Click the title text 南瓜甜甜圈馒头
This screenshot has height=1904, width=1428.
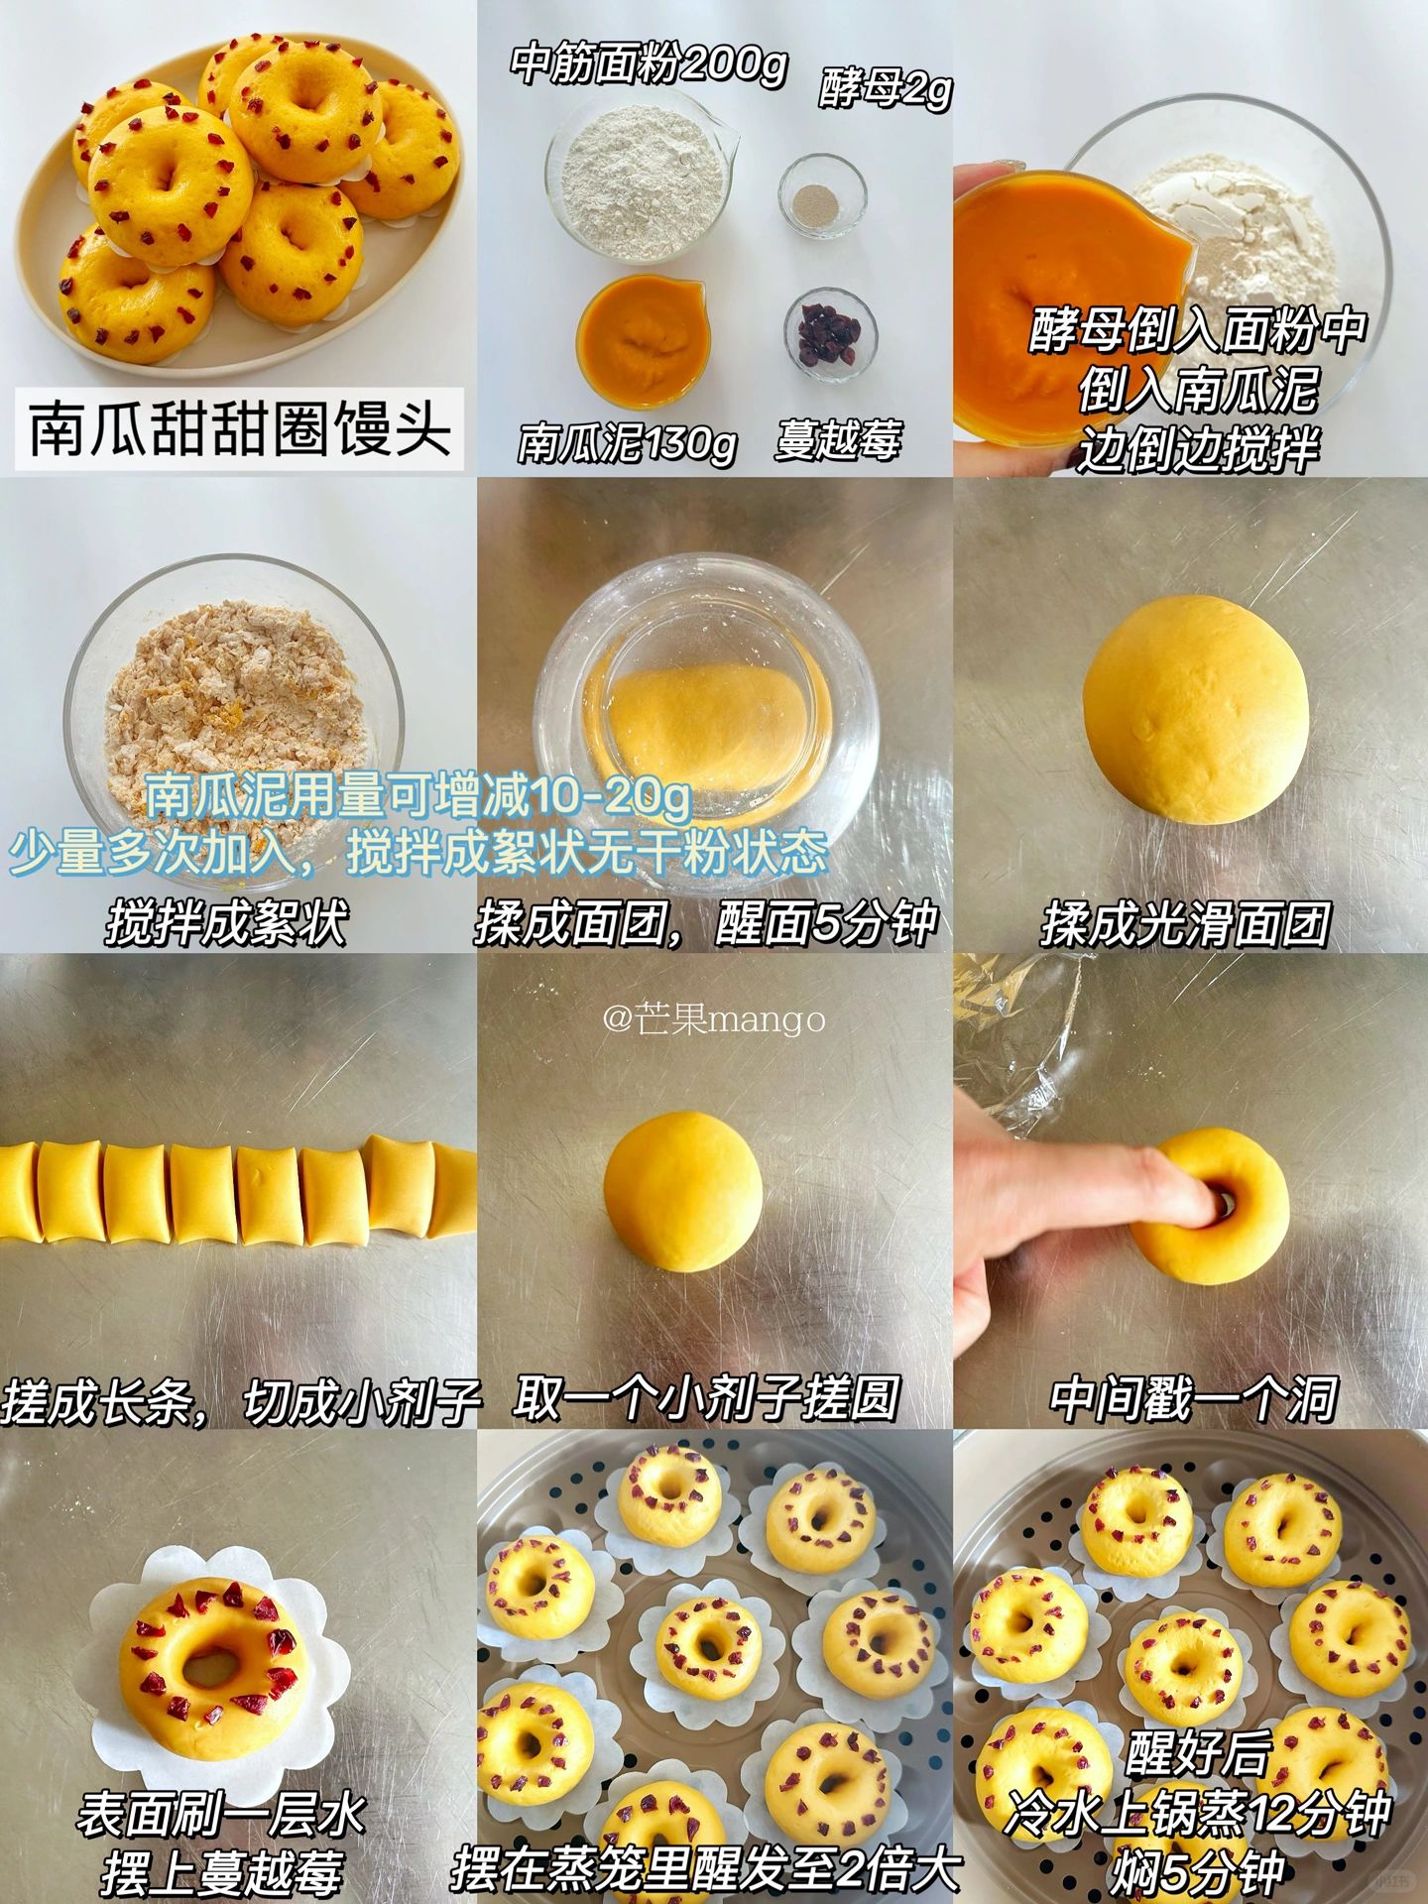tap(239, 428)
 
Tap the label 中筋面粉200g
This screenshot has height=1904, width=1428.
tap(650, 65)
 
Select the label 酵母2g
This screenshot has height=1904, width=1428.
tap(885, 89)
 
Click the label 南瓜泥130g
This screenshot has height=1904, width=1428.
tap(628, 442)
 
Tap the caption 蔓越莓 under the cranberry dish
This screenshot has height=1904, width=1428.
tap(838, 439)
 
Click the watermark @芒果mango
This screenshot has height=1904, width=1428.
tap(714, 1018)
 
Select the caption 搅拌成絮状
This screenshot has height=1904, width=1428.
tap(227, 923)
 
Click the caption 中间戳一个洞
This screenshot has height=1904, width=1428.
tap(1194, 1398)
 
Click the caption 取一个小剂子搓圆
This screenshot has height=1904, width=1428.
tap(707, 1398)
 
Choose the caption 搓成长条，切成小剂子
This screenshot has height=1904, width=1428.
tap(241, 1400)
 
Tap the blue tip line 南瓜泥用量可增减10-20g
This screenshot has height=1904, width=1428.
tap(417, 794)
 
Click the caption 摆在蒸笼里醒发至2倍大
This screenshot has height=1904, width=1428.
tap(706, 1869)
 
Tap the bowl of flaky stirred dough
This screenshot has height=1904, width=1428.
tap(234, 709)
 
